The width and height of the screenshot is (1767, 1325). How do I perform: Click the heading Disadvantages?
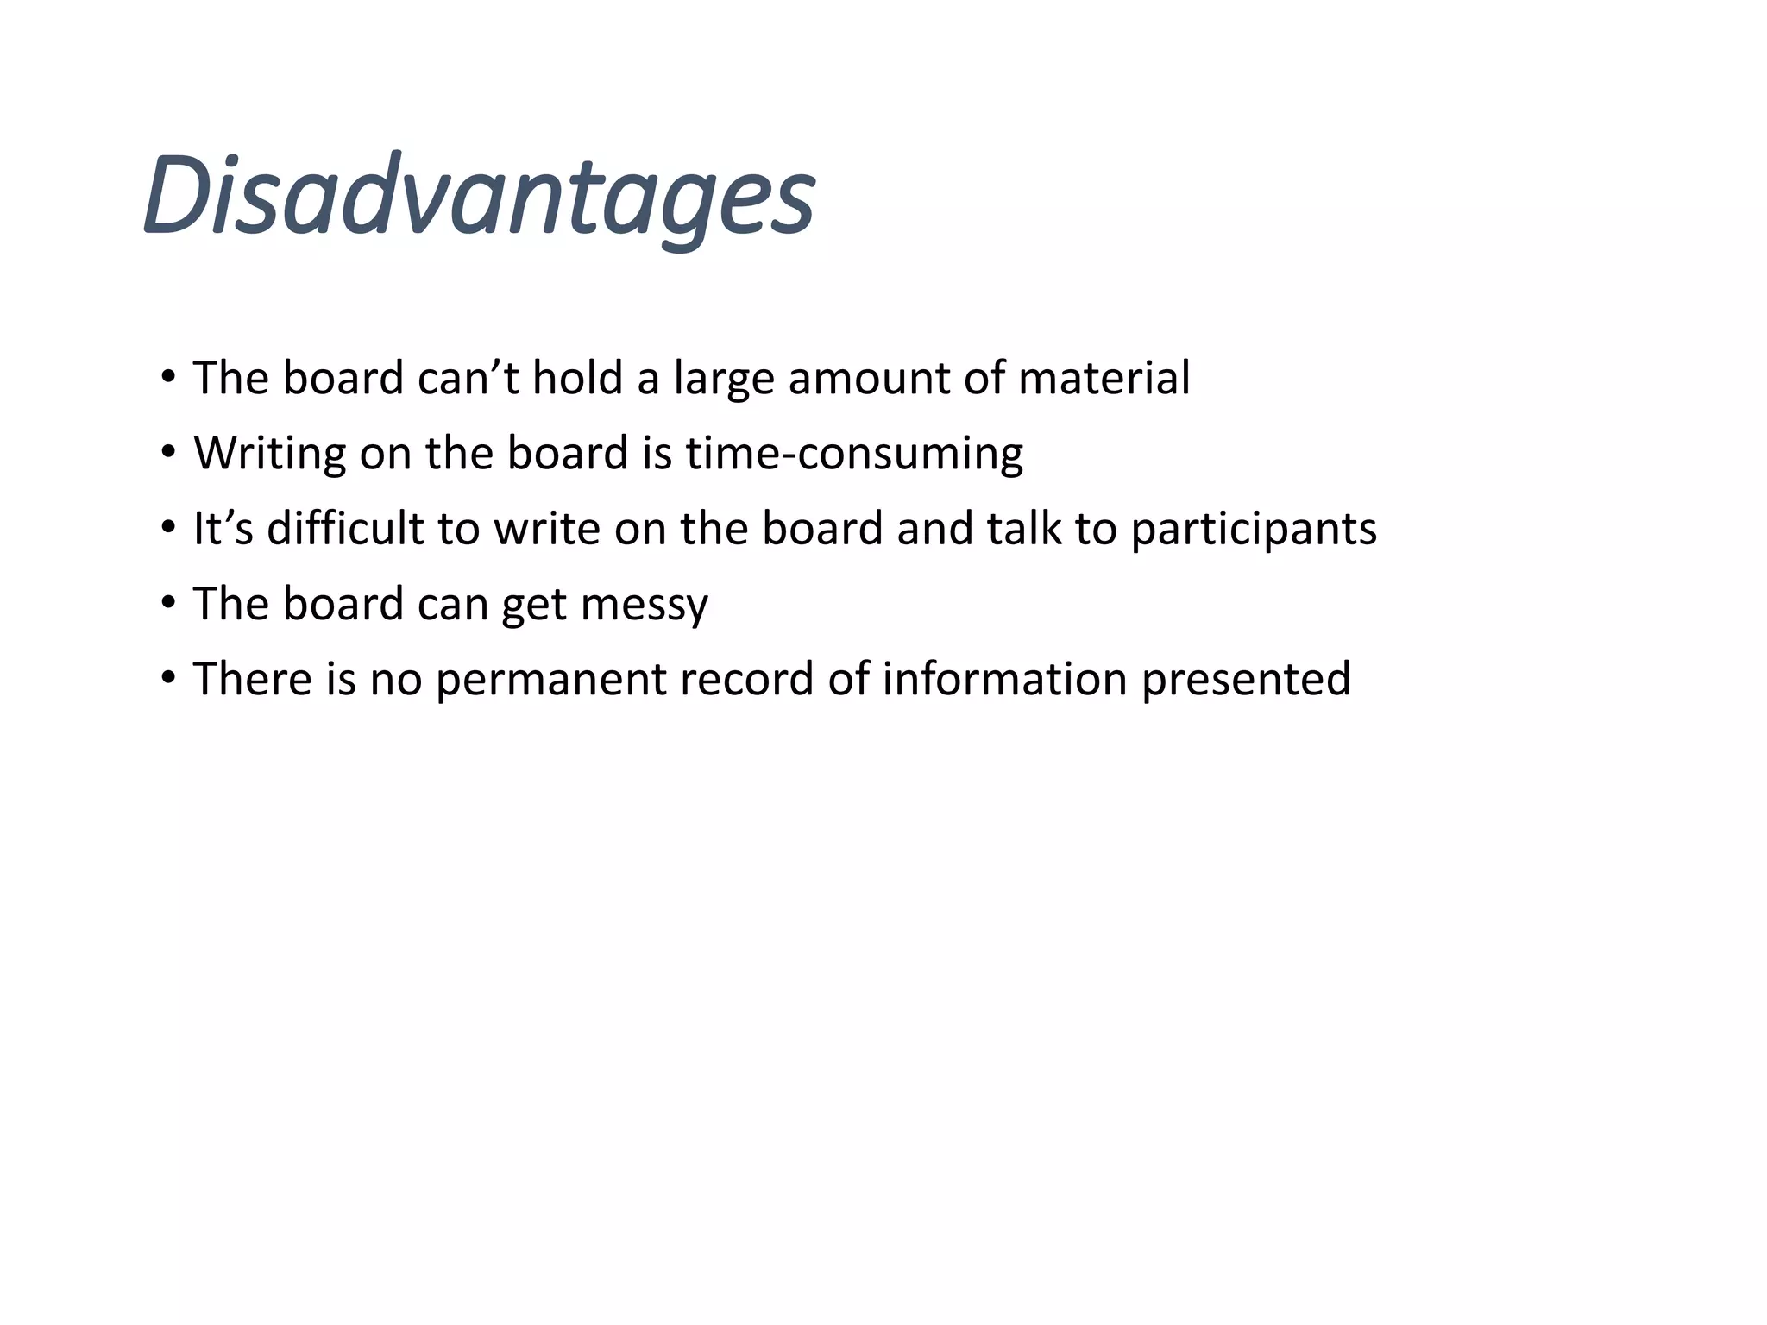pos(479,197)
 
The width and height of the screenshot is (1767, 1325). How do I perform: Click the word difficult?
pos(345,528)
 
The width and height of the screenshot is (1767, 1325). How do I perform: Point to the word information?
pos(1004,678)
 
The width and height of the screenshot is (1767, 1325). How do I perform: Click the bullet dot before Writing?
pos(168,451)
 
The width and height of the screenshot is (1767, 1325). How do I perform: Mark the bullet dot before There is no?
pos(168,676)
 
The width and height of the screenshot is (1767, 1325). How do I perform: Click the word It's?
pos(223,528)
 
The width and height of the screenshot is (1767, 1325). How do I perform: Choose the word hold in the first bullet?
pos(577,379)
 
